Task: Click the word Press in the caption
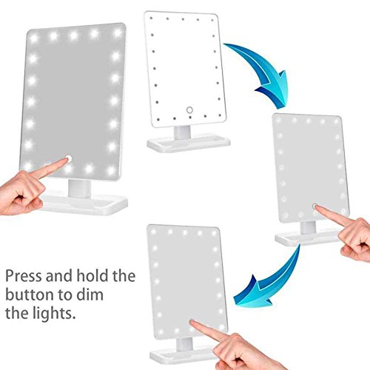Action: pos(24,275)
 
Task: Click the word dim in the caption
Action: pos(90,295)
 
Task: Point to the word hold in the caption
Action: pos(92,275)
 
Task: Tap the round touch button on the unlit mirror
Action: pos(189,110)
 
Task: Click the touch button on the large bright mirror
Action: pos(69,158)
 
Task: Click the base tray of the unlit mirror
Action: pos(189,144)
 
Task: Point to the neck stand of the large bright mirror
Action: pos(79,189)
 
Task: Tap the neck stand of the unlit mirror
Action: pos(182,132)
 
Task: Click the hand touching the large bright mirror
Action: pos(27,190)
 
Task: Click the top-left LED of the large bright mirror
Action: pos(34,38)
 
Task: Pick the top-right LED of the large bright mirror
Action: pos(118,33)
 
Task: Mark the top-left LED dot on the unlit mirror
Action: pos(151,18)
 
